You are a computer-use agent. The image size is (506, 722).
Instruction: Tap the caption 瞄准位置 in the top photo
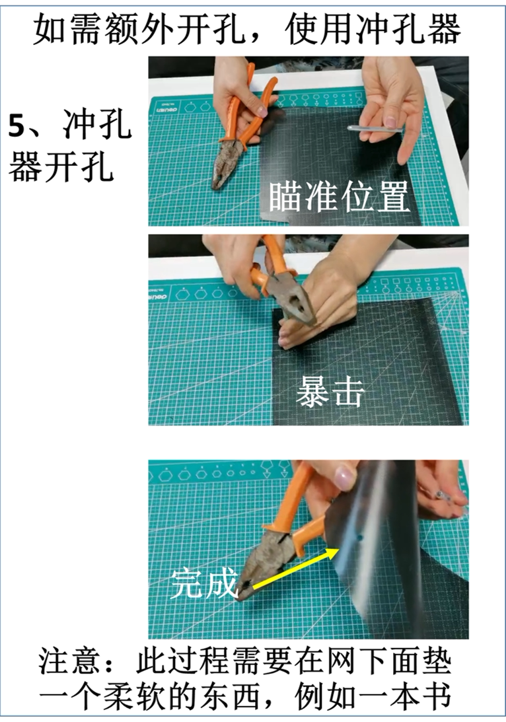(x=339, y=198)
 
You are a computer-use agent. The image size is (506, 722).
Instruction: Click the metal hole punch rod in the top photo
(x=374, y=128)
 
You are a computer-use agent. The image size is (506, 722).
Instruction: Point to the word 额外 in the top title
(x=121, y=28)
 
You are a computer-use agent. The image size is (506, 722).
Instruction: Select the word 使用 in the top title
(x=320, y=28)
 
